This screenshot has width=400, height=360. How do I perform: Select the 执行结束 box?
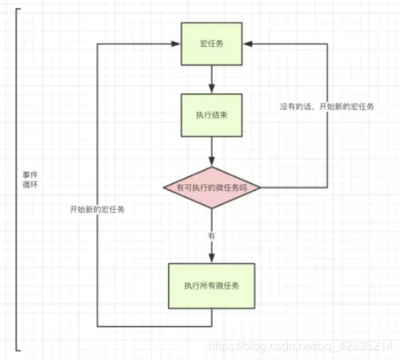[211, 116]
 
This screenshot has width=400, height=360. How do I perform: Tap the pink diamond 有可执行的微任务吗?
[211, 186]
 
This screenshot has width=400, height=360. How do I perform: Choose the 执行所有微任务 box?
[211, 286]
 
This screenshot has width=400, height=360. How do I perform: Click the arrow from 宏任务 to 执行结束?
[211, 79]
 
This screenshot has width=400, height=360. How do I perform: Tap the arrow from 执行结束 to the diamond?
[211, 152]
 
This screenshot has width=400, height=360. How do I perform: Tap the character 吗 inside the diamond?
[255, 187]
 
